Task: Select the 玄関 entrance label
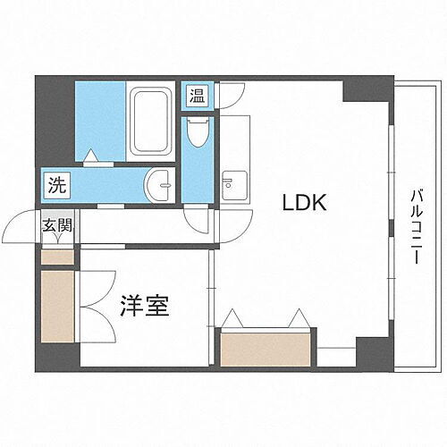point(56,227)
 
